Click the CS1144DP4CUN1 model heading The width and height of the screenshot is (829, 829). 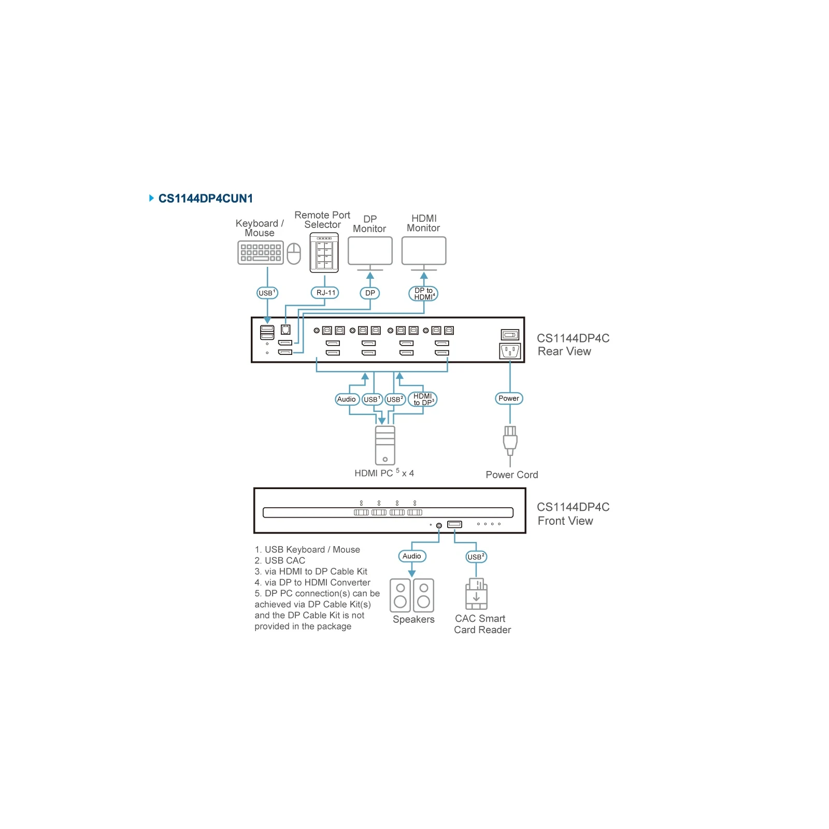(x=205, y=198)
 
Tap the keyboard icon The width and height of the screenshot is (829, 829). (x=261, y=253)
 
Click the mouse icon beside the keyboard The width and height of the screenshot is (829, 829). (x=294, y=253)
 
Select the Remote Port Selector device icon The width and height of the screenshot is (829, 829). (x=324, y=252)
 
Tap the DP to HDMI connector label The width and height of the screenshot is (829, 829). (x=424, y=294)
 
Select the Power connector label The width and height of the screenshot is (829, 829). (x=509, y=398)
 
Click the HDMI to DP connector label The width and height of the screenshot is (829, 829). (x=423, y=399)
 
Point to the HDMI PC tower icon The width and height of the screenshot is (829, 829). (x=385, y=445)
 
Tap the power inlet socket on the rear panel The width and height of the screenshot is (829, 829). (x=510, y=351)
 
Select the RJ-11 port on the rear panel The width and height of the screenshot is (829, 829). (x=285, y=330)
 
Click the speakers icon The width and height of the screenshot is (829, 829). (x=412, y=595)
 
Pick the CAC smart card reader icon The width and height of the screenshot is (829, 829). (x=476, y=594)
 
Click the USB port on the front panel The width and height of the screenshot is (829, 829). (x=454, y=524)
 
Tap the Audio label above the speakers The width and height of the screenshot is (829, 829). (x=412, y=556)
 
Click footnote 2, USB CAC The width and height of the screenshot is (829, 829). (x=280, y=561)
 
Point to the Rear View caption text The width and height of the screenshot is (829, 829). (x=564, y=351)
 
